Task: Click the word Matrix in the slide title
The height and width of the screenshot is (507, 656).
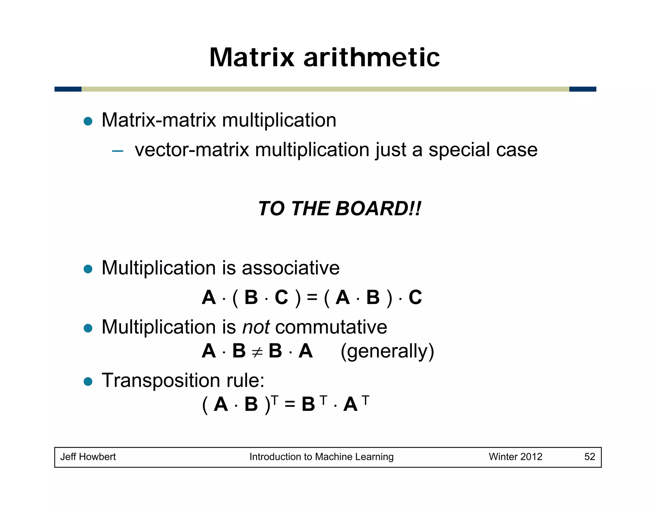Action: coord(252,57)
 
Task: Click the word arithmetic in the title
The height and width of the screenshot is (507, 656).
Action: coord(372,57)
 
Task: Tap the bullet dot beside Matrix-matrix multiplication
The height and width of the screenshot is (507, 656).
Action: coord(88,121)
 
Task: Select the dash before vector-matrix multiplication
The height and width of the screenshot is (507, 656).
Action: coord(118,151)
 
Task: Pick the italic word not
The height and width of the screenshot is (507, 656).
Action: coord(256,327)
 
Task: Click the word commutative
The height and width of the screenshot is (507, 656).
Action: coord(331,327)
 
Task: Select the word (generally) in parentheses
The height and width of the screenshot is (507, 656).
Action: coord(387,352)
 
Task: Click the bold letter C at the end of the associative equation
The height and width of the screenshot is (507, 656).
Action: coord(415,297)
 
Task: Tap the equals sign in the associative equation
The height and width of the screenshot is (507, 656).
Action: coord(312,298)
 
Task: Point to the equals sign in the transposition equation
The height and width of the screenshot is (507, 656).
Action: coord(290,404)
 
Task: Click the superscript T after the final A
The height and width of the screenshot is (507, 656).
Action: coord(365,400)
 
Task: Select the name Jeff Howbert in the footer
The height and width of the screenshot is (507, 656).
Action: coord(88,457)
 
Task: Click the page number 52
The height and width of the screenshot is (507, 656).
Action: coord(589,457)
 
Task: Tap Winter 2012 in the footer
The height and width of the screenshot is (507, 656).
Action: coord(515,457)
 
